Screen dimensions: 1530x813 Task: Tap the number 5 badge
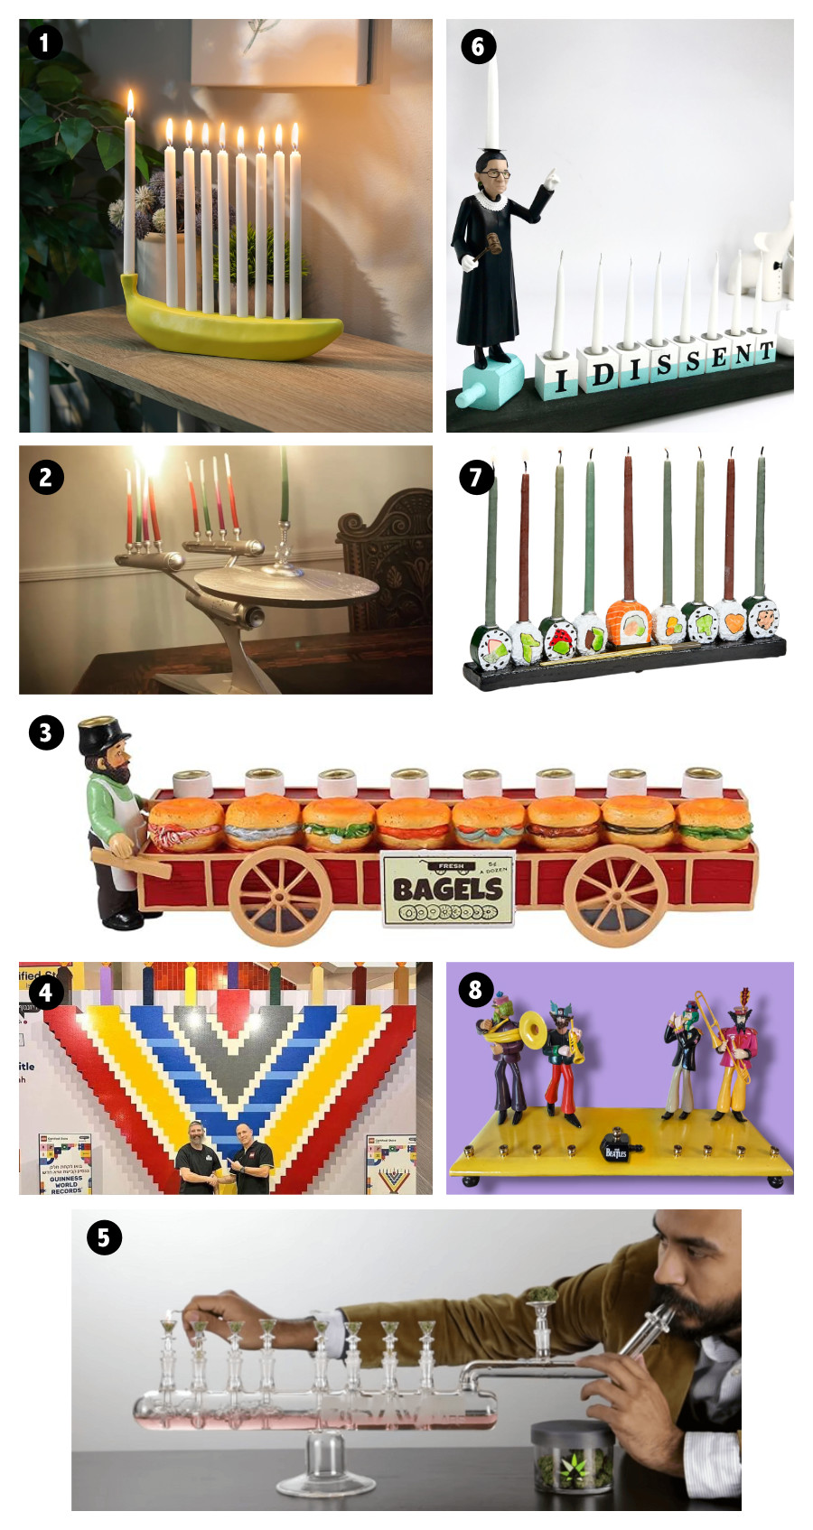[x=104, y=1236]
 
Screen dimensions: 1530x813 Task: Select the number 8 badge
[x=476, y=990]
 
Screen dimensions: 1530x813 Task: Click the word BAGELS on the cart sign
[x=447, y=888]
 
